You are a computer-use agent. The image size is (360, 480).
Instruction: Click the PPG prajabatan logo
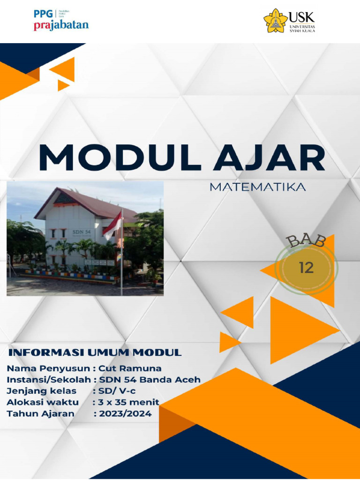pyautogui.click(x=61, y=20)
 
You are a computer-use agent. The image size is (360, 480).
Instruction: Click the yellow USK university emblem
pyautogui.click(x=276, y=21)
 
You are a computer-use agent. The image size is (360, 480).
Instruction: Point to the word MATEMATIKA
pyautogui.click(x=258, y=187)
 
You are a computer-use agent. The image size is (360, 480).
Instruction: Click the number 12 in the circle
pyautogui.click(x=306, y=268)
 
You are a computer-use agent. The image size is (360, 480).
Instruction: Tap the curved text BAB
pyautogui.click(x=307, y=240)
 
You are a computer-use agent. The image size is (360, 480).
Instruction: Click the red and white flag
pyautogui.click(x=113, y=225)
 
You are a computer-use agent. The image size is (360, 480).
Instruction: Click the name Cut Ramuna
pyautogui.click(x=130, y=368)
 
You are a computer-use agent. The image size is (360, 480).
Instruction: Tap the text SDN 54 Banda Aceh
pyautogui.click(x=150, y=379)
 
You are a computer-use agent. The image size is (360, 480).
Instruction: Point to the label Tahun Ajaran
pyautogui.click(x=40, y=413)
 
